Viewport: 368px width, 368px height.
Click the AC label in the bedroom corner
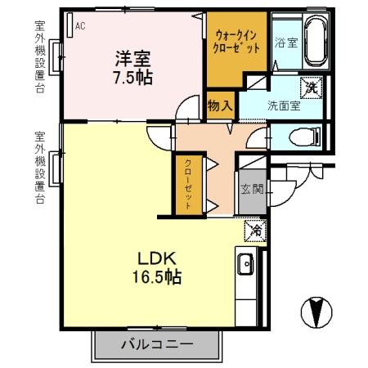79,26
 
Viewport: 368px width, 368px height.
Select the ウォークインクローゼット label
238,42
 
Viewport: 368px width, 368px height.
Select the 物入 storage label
220,105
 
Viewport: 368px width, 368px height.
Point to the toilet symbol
308,136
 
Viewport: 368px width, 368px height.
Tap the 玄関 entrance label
251,191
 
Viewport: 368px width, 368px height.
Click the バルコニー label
159,344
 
